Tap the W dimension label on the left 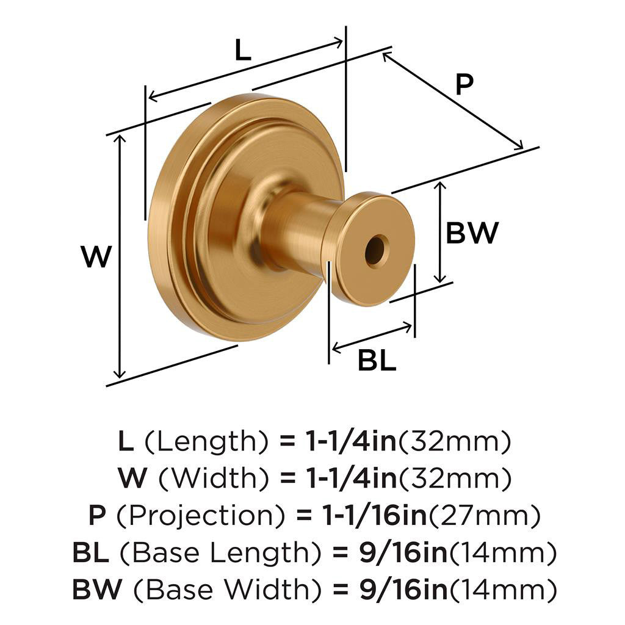click(97, 257)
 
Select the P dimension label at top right click(464, 85)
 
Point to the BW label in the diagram click(472, 233)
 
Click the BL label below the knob click(377, 361)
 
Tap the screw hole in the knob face click(375, 251)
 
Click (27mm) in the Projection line click(484, 516)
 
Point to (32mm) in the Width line click(455, 479)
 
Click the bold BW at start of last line click(92, 591)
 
